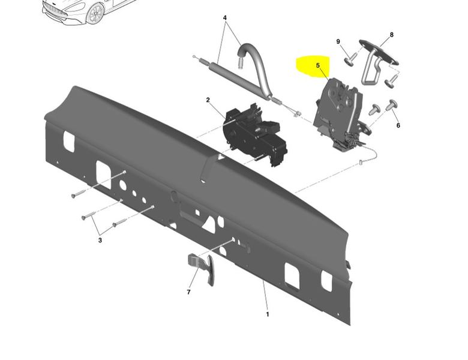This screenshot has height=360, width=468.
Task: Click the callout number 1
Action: pos(268,314)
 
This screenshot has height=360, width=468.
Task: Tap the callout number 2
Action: pos(208,100)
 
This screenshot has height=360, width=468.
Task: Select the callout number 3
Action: pos(100,240)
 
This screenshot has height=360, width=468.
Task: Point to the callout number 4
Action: pos(225,18)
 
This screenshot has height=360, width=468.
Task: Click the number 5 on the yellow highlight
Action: pos(318,65)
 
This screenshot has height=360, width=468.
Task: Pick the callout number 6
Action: pos(398,125)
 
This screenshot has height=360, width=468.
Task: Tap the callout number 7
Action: pos(188,292)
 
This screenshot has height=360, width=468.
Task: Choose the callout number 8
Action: pos(392,35)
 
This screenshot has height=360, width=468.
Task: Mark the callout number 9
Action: pos(338,41)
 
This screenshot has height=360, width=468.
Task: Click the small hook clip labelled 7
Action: pos(203,267)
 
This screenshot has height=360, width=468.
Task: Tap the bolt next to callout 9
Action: pos(350,59)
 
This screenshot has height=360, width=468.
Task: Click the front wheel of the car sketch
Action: pos(95,14)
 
